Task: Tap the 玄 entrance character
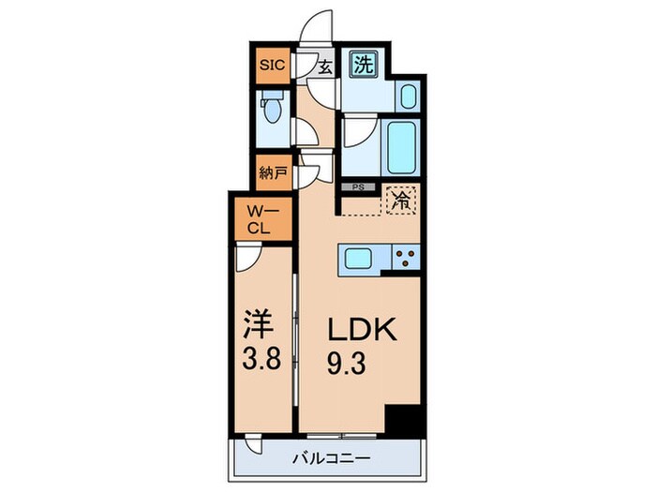[x=324, y=67]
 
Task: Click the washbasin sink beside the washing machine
[x=409, y=96]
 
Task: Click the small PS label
[x=357, y=186]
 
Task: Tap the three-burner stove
[x=406, y=258]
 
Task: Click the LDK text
[x=363, y=330]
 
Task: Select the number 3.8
[x=261, y=362]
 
